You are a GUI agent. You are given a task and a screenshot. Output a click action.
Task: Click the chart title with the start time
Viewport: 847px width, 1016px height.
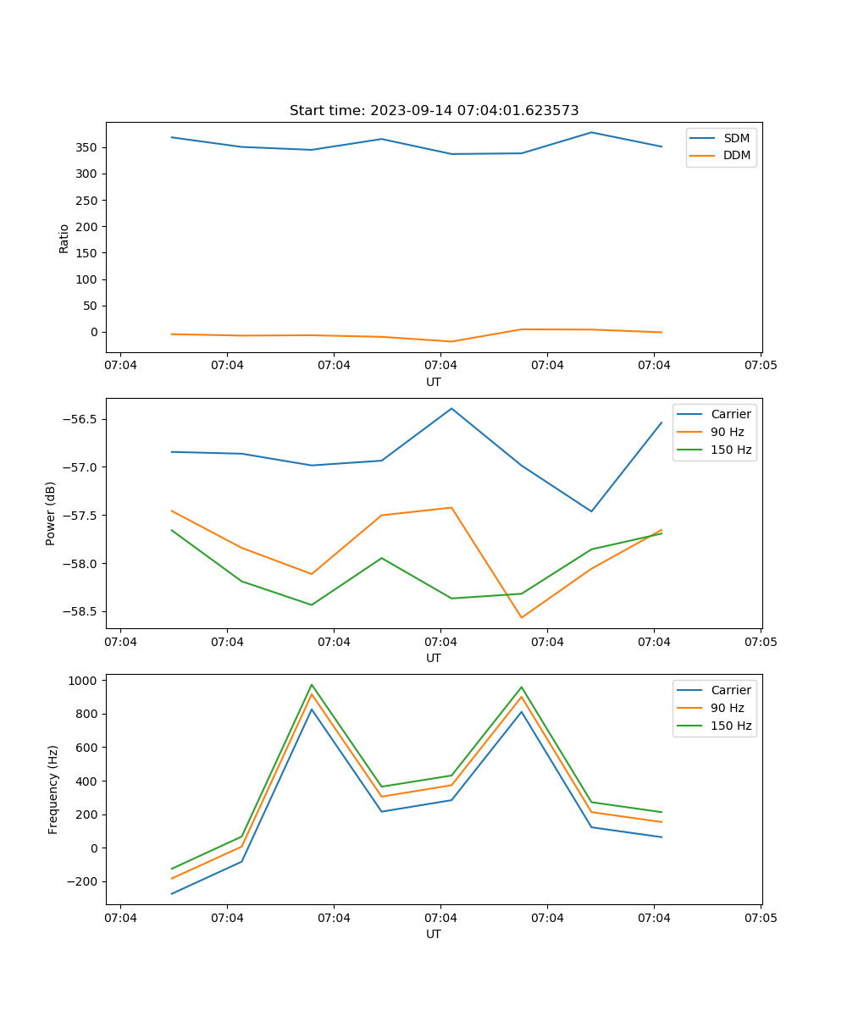pyautogui.click(x=434, y=111)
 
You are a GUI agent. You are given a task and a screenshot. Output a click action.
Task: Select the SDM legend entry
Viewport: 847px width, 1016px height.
pyautogui.click(x=736, y=137)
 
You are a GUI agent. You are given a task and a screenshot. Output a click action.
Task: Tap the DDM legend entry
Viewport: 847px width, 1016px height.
pyautogui.click(x=736, y=155)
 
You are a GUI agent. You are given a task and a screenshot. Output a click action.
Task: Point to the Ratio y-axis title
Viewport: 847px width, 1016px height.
pyautogui.click(x=64, y=238)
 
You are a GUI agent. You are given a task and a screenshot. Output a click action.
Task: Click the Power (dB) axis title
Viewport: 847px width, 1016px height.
pyautogui.click(x=51, y=513)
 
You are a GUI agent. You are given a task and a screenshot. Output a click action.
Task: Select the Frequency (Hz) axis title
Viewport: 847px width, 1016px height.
pyautogui.click(x=53, y=789)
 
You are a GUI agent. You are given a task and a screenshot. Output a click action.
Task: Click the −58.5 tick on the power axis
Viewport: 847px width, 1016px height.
pyautogui.click(x=79, y=611)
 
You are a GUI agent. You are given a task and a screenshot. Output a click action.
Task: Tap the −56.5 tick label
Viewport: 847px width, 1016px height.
pyautogui.click(x=79, y=419)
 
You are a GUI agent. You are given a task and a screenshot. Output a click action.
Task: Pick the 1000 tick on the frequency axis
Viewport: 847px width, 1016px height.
pyautogui.click(x=83, y=680)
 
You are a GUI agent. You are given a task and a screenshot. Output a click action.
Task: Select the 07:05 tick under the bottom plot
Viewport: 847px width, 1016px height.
pyautogui.click(x=761, y=918)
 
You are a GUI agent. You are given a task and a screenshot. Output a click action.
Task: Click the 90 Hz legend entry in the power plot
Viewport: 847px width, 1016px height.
pyautogui.click(x=727, y=432)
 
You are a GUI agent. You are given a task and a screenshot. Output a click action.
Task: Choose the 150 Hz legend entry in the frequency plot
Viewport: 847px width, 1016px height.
pyautogui.click(x=731, y=726)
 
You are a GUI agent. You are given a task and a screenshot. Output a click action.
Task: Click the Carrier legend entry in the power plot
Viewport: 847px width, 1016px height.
pyautogui.click(x=730, y=414)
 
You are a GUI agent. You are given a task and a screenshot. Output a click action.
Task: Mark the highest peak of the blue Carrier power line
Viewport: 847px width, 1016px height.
pyautogui.click(x=451, y=408)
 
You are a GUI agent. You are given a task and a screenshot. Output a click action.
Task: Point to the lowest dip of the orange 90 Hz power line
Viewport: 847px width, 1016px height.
pyautogui.click(x=522, y=617)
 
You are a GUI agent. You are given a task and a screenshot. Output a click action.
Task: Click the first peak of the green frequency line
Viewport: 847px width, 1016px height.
pyautogui.click(x=312, y=685)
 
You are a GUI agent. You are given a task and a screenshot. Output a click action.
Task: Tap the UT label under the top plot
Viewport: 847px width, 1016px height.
pyautogui.click(x=434, y=382)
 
